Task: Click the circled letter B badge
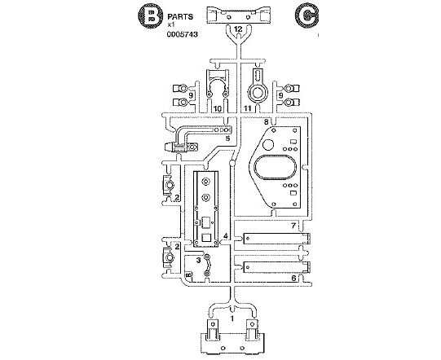pyautogui.click(x=151, y=16)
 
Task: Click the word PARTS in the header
pyautogui.click(x=180, y=17)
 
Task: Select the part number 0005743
pyautogui.click(x=182, y=34)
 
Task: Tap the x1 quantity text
pyautogui.click(x=171, y=24)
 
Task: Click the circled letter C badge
pyautogui.click(x=306, y=17)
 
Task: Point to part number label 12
pyautogui.click(x=238, y=29)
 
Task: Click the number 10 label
pyautogui.click(x=218, y=108)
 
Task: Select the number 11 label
pyautogui.click(x=248, y=108)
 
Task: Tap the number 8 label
pyautogui.click(x=266, y=121)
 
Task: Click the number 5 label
pyautogui.click(x=227, y=138)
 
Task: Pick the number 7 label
pyautogui.click(x=293, y=226)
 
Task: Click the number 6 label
pyautogui.click(x=293, y=278)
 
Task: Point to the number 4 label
pyautogui.click(x=226, y=236)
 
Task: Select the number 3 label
pyautogui.click(x=199, y=261)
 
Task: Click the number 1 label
pyautogui.click(x=232, y=318)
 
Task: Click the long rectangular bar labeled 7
pyautogui.click(x=277, y=239)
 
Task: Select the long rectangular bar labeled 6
pyautogui.click(x=277, y=267)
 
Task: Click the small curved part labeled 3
pyautogui.click(x=209, y=265)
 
